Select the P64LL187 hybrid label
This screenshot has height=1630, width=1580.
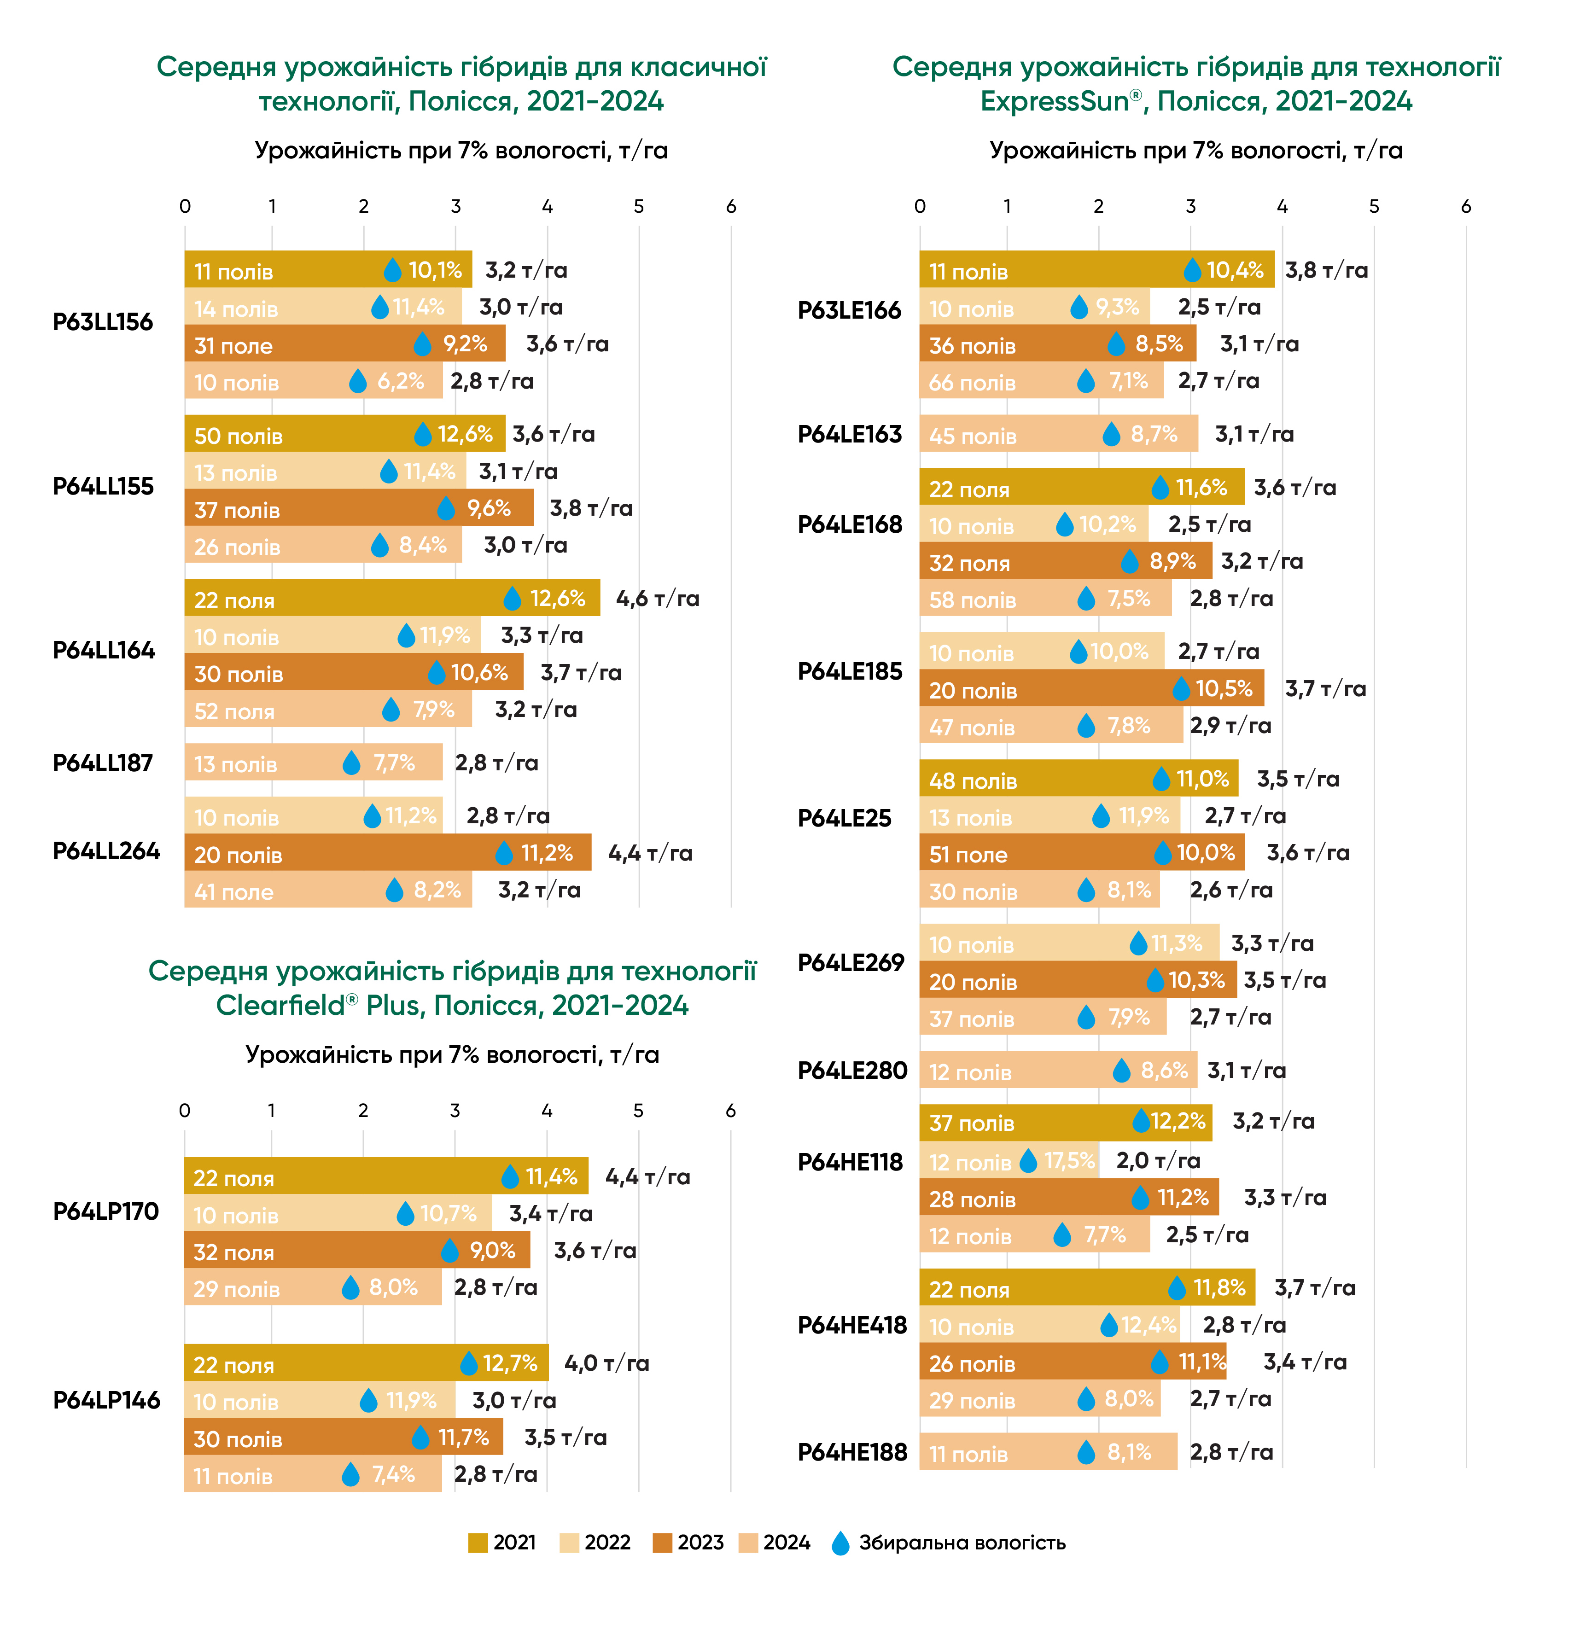point(103,763)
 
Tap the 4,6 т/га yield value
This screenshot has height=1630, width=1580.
point(657,599)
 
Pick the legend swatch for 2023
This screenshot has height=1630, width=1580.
point(662,1543)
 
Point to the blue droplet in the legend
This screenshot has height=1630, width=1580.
point(841,1543)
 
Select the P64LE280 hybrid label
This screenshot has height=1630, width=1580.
point(852,1070)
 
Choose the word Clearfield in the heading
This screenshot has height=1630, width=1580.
point(280,1006)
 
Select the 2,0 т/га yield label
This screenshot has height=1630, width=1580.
point(1158,1160)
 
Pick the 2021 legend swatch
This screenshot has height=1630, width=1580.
point(478,1543)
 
